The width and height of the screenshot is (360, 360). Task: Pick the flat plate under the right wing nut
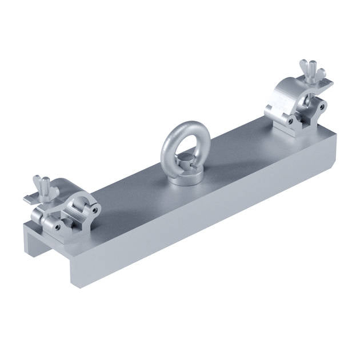(323, 84)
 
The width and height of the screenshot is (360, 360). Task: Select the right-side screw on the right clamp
(323, 107)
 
